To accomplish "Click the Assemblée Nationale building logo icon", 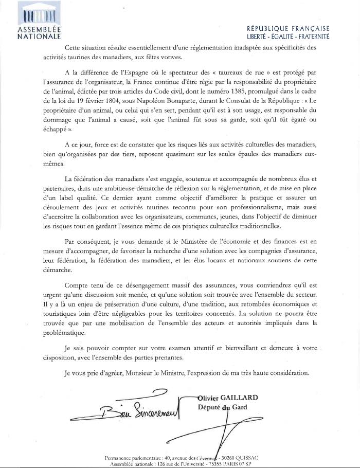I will [36, 14].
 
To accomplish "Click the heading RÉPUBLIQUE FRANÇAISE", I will [289, 29].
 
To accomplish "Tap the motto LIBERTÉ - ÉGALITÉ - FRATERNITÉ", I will [289, 37].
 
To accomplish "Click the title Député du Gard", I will [222, 407].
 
